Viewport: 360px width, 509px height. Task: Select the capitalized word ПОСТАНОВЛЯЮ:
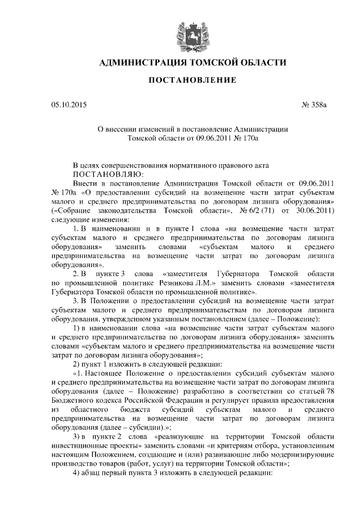[x=105, y=174]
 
